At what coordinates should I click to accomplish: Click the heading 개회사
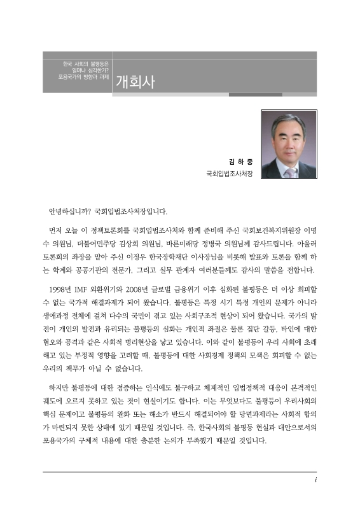click(x=135, y=82)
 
